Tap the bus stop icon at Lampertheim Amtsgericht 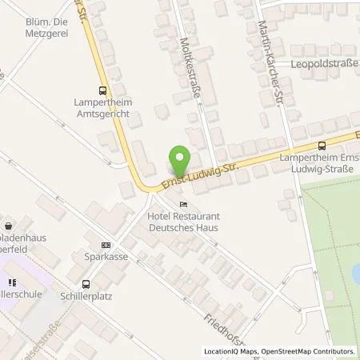click(x=102, y=91)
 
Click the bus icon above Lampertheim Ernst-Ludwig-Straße click(x=322, y=145)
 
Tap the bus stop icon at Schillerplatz click(x=86, y=283)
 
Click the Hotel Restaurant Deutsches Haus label click(x=183, y=222)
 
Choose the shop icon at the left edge click(x=8, y=226)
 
